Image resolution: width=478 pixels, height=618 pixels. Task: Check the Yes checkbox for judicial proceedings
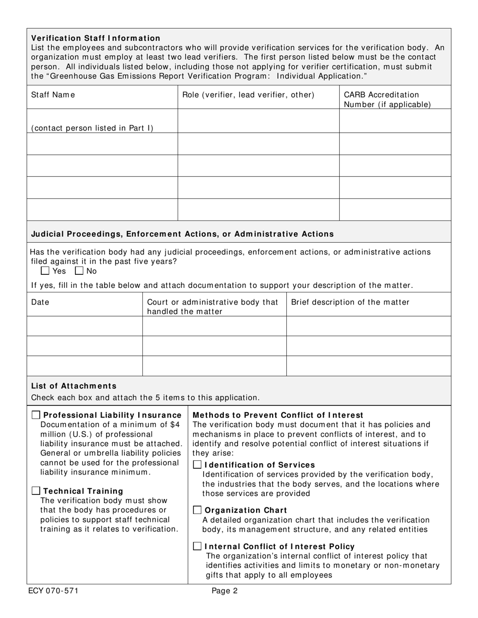tap(45, 271)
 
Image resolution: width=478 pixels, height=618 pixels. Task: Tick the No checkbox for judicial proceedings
tap(79, 271)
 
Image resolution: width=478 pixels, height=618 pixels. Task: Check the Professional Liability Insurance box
tap(36, 415)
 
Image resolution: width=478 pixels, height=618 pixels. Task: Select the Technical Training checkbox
tap(36, 491)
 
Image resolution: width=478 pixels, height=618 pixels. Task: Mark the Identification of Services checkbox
tap(198, 465)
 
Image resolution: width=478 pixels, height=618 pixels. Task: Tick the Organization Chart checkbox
tap(198, 510)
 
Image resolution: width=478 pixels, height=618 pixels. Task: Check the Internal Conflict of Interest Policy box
tap(198, 546)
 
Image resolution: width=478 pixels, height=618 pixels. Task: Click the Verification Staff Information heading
tap(96, 38)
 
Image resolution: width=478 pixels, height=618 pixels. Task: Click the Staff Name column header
tap(53, 95)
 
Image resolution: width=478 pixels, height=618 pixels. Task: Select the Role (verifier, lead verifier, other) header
tap(248, 95)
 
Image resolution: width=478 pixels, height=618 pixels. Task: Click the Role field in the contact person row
tap(258, 121)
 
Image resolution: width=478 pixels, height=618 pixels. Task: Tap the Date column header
tap(40, 302)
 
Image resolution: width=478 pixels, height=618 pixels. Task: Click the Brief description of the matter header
tap(350, 302)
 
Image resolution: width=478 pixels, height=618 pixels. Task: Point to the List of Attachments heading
tap(73, 386)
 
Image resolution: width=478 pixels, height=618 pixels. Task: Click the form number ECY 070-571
tap(53, 591)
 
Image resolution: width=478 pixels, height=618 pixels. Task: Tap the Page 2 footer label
tap(224, 591)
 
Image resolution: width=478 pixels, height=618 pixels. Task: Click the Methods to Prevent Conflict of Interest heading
tap(278, 415)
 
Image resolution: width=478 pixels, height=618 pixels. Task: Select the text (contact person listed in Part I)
tap(92, 128)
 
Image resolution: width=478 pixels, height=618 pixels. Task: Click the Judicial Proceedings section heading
tap(182, 234)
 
